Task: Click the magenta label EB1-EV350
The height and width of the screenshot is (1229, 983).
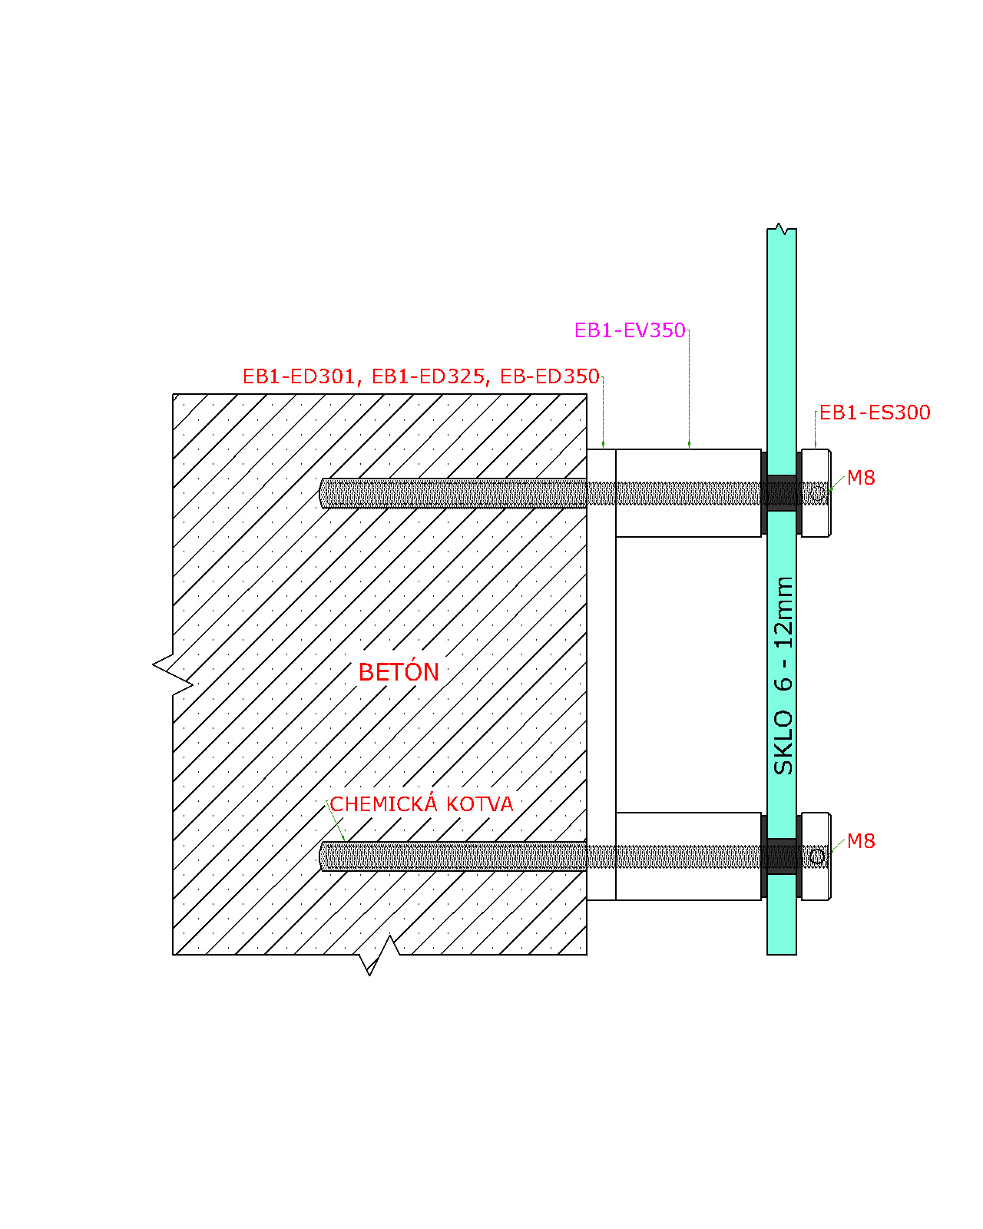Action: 630,330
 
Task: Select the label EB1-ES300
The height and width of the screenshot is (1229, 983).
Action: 875,412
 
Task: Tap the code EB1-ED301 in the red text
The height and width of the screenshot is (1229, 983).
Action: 298,377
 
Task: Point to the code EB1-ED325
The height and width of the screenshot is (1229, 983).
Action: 428,377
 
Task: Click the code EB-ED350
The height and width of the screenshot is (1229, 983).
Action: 549,377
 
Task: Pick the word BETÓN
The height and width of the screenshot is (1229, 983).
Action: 399,671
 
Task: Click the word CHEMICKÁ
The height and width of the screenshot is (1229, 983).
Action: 383,803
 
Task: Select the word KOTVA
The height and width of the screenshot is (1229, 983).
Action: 480,805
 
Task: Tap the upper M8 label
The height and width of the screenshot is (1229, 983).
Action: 861,478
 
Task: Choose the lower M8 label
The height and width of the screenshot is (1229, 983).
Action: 861,841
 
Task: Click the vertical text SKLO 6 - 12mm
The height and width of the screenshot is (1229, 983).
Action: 783,676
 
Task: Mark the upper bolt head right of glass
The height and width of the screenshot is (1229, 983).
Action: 816,493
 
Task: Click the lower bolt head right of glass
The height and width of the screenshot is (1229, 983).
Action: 816,856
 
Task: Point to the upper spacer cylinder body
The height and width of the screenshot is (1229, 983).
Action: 688,493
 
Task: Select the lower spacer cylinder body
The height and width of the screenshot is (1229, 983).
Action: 688,856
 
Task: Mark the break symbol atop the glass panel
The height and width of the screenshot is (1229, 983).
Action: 781,229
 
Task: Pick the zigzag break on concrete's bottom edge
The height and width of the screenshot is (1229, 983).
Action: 379,955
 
